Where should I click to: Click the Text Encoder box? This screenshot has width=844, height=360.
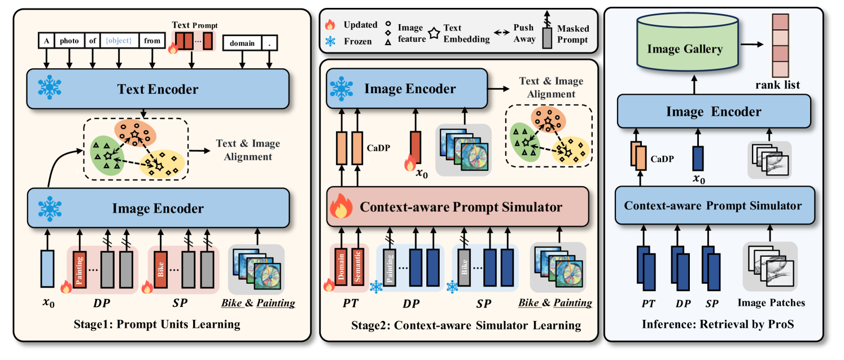(x=158, y=89)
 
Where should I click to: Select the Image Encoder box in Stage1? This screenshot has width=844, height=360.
(x=158, y=208)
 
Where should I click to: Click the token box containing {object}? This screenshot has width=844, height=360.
(x=118, y=41)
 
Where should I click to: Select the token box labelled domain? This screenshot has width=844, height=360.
(x=242, y=43)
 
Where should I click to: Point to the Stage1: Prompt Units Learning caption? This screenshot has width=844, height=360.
(x=156, y=324)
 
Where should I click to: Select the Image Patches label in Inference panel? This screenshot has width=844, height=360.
(x=771, y=303)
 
